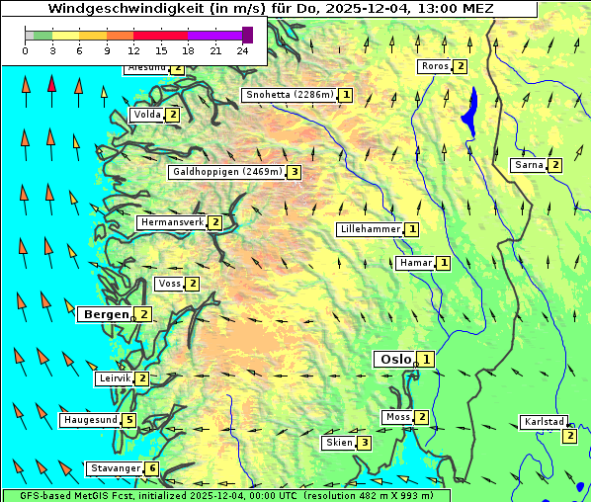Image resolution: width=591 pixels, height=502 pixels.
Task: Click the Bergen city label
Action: [x=106, y=314]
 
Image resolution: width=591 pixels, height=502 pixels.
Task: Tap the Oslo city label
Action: [x=394, y=360]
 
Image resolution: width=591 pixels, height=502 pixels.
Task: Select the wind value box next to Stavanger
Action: [x=152, y=468]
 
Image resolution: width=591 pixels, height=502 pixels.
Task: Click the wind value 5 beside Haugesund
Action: [x=129, y=420]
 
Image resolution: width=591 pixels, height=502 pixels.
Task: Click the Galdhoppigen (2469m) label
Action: [x=227, y=172]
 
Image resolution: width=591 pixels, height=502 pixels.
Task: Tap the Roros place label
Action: [x=434, y=66]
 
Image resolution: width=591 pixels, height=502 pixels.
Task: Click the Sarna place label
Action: [x=529, y=165]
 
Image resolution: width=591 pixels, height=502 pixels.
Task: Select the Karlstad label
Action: [x=543, y=422]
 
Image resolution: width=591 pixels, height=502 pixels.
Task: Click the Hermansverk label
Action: [x=172, y=222]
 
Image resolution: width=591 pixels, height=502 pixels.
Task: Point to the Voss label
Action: [x=169, y=284]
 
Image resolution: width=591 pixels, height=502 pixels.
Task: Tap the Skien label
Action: [x=338, y=443]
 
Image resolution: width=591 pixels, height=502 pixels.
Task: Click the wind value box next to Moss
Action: [x=422, y=417]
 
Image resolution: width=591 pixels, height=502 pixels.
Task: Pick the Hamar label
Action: [x=415, y=263]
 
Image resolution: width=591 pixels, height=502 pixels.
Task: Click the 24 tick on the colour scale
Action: [x=242, y=50]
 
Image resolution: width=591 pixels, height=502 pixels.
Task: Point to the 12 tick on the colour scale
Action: [x=133, y=50]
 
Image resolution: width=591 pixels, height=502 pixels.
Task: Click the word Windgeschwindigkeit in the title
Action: [x=117, y=9]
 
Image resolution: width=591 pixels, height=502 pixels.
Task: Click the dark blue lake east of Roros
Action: [x=470, y=107]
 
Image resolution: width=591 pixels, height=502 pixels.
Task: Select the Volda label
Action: [x=146, y=115]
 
